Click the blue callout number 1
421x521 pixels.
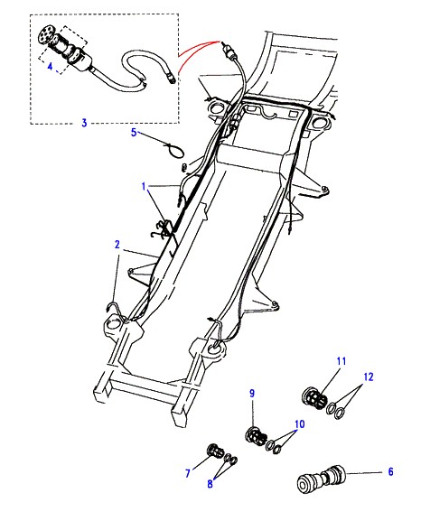[144, 186]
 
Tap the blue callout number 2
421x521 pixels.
[117, 245]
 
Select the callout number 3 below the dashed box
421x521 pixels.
[84, 123]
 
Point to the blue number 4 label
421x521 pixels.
[50, 67]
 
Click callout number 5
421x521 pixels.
[134, 132]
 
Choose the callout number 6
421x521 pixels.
[391, 471]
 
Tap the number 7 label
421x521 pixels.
[188, 473]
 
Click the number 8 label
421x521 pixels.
[210, 484]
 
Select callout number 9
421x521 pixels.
[252, 394]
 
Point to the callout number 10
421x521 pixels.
[300, 424]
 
